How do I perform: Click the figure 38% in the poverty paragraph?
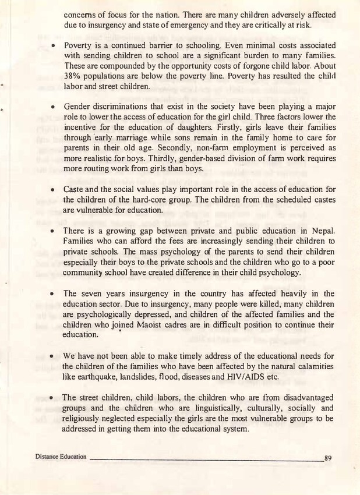tap(73, 76)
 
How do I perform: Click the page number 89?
tap(328, 458)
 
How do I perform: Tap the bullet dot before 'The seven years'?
tap(53, 294)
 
